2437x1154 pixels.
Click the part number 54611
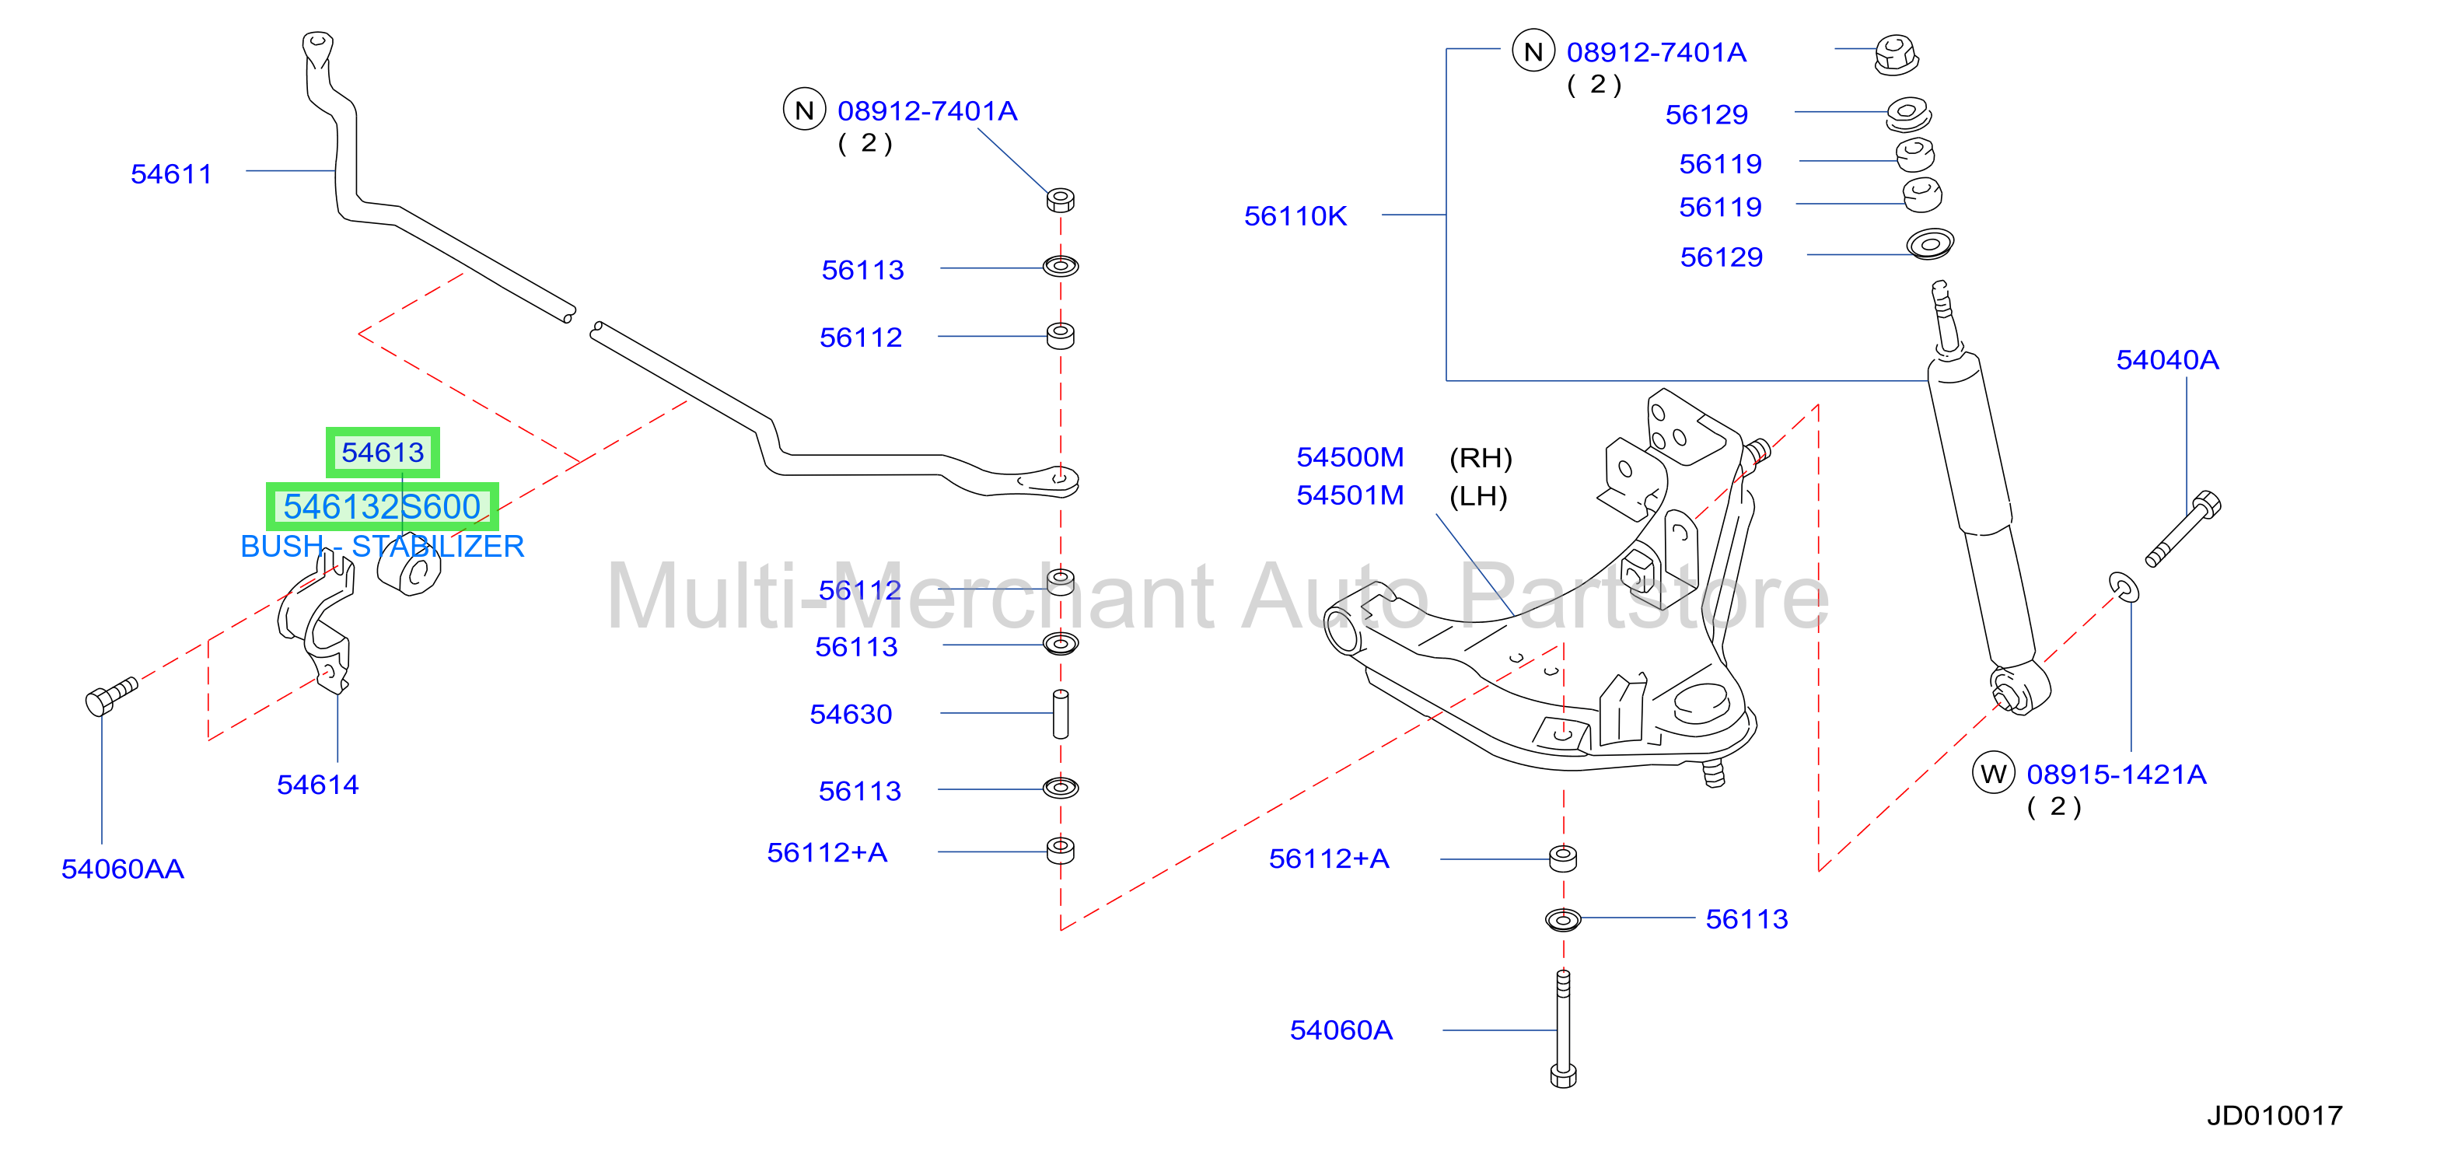[x=171, y=174]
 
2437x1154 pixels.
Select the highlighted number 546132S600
[x=383, y=507]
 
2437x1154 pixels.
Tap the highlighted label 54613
[x=383, y=452]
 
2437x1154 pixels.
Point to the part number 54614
[x=318, y=784]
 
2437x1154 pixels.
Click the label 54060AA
[x=123, y=869]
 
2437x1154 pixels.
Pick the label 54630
[x=851, y=714]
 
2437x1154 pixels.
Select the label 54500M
[x=1350, y=458]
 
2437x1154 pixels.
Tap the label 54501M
[x=1350, y=495]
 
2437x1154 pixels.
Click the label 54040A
[x=2167, y=360]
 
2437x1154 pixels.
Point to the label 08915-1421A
[x=2117, y=775]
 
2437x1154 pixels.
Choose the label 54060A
[x=1341, y=1030]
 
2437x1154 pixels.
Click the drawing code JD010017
[x=2275, y=1116]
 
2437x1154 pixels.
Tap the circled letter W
[x=1993, y=774]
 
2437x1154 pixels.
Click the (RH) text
[x=1481, y=459]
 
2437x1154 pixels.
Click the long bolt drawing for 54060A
[x=1563, y=1029]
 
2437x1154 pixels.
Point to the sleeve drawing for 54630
[x=1061, y=714]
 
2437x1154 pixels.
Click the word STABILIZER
[x=438, y=547]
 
